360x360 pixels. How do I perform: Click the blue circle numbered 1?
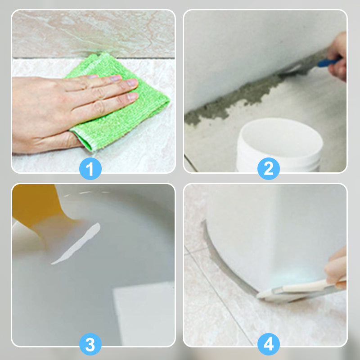pyautogui.click(x=90, y=168)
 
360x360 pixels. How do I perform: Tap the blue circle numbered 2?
pyautogui.click(x=268, y=168)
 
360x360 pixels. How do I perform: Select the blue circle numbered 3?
pyautogui.click(x=90, y=344)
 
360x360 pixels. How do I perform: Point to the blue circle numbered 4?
pyautogui.click(x=268, y=344)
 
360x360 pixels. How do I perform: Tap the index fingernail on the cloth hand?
pyautogui.click(x=116, y=78)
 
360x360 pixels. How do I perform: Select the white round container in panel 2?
pyautogui.click(x=279, y=144)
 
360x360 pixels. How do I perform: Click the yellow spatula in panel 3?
pyautogui.click(x=37, y=207)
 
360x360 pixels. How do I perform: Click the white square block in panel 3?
pyautogui.click(x=144, y=315)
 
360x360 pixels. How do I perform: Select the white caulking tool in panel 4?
pyautogui.click(x=298, y=290)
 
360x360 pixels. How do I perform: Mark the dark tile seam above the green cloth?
pyautogui.click(x=93, y=58)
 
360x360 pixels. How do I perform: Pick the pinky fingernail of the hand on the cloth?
pyautogui.click(x=133, y=96)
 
